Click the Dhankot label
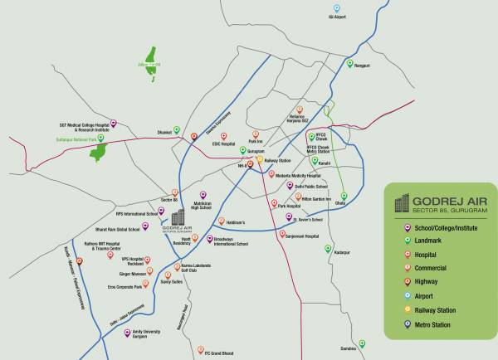coord(164,131)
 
